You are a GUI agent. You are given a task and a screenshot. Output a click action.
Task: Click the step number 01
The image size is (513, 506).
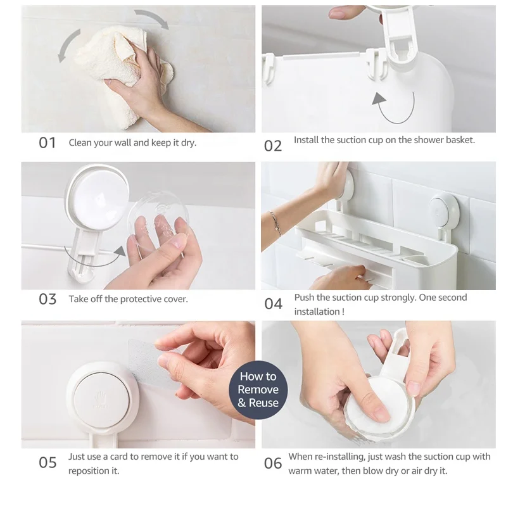click(x=47, y=143)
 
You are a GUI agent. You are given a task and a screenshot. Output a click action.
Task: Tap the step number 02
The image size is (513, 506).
click(x=273, y=146)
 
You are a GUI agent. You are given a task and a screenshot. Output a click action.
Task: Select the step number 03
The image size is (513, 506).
click(x=47, y=300)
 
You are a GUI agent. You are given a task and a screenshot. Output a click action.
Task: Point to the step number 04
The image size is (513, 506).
click(x=273, y=304)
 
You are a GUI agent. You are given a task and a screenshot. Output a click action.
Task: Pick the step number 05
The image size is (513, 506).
click(x=47, y=462)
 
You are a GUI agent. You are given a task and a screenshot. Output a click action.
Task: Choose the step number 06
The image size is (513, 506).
click(x=273, y=464)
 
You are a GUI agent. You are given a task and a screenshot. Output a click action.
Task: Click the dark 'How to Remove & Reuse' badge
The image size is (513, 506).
click(x=258, y=390)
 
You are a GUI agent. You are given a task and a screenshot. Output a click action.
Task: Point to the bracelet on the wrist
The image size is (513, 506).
click(x=275, y=223)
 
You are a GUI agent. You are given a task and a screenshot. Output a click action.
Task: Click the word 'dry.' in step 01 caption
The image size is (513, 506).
click(x=189, y=143)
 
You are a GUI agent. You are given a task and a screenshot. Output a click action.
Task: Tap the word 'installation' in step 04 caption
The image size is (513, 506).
click(x=317, y=312)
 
